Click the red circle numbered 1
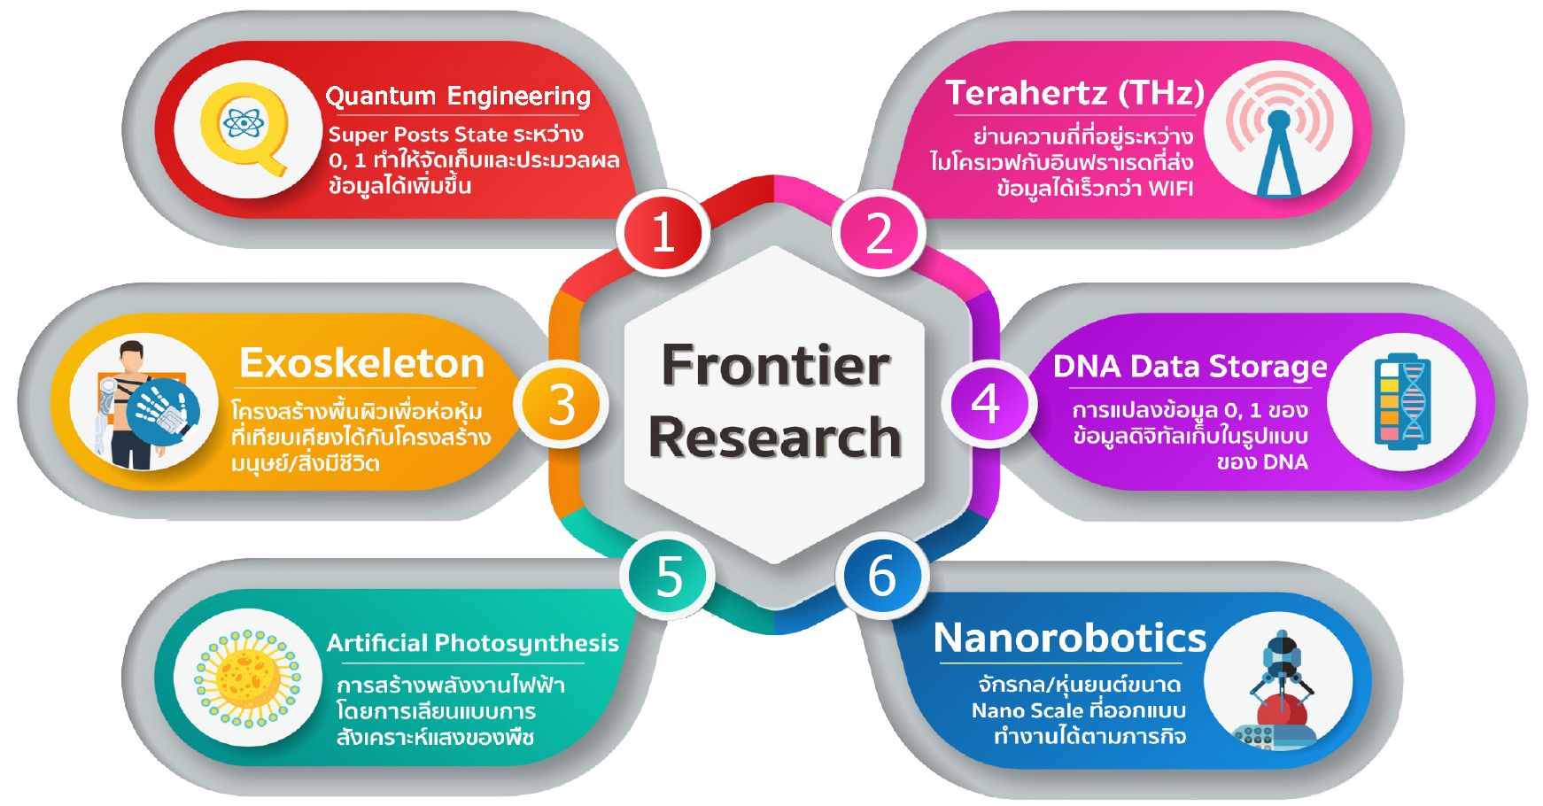[663, 233]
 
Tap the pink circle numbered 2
[879, 233]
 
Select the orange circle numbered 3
[562, 405]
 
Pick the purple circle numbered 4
[986, 404]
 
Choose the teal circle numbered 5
[668, 576]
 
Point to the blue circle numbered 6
[881, 576]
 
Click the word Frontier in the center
[775, 365]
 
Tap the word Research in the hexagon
[775, 437]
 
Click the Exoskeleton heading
[362, 363]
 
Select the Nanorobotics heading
[1070, 638]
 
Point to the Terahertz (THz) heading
[1075, 93]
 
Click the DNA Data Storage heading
[1190, 366]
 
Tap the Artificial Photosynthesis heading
[473, 644]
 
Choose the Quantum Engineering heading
[458, 96]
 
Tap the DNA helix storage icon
[1402, 402]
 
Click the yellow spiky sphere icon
[247, 679]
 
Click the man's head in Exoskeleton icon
[132, 357]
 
